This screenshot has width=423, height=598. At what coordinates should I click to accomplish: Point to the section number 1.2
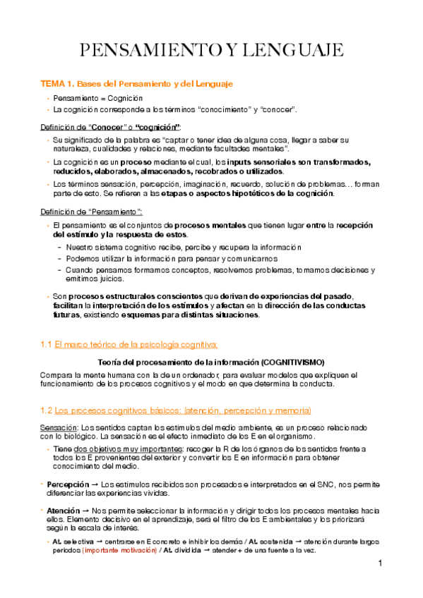point(45,410)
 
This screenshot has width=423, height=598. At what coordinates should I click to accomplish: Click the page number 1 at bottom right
point(380,563)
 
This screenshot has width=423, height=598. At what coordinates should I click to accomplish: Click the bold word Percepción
point(68,485)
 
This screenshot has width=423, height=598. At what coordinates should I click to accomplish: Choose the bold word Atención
point(63,509)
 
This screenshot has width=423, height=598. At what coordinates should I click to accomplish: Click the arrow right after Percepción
point(95,485)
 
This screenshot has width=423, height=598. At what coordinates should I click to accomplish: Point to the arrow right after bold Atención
point(85,509)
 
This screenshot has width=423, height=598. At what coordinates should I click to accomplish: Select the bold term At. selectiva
point(71,540)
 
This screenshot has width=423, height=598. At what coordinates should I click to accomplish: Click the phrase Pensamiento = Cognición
point(98,98)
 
